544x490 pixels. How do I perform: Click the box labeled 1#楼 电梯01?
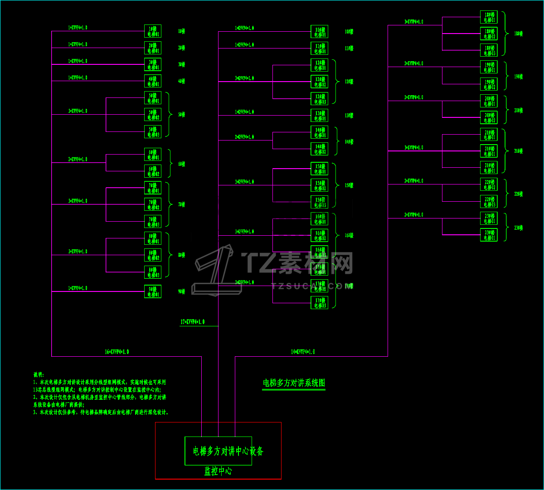153,31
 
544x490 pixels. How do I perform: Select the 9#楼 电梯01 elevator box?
153,291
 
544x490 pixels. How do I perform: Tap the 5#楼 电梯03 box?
153,131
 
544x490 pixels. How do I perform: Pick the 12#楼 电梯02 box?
320,82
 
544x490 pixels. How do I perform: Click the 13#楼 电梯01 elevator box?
320,116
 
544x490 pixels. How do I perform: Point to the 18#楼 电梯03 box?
489,50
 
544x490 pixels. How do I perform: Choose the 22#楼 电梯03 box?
489,201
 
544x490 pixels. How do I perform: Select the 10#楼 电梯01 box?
320,32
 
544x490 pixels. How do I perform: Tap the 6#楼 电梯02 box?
153,171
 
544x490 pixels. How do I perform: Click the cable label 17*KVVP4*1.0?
193,322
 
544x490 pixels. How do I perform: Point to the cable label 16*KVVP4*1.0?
117,352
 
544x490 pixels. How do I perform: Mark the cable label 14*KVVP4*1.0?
303,352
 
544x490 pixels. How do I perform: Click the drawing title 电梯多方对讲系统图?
294,383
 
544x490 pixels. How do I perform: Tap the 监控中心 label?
218,471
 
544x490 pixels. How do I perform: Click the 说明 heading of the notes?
39,375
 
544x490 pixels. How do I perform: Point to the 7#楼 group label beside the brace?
181,204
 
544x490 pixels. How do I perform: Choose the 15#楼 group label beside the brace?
349,185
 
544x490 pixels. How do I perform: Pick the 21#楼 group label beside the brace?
518,151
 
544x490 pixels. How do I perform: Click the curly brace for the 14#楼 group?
336,141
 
